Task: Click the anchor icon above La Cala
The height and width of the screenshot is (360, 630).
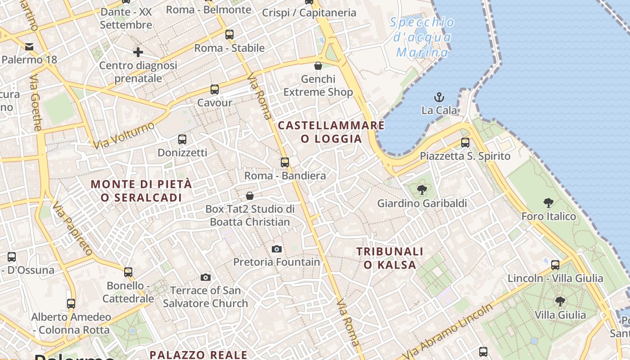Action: tap(439, 97)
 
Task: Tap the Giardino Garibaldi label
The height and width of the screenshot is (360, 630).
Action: tap(422, 203)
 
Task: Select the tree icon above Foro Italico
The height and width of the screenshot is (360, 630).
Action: tap(548, 203)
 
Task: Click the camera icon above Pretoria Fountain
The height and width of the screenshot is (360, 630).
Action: tap(277, 249)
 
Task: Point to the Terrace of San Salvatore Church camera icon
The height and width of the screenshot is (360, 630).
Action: tap(206, 277)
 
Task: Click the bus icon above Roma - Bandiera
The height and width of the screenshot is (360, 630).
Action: tap(284, 162)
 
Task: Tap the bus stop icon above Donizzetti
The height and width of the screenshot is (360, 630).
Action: tap(182, 139)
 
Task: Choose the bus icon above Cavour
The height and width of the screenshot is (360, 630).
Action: tap(215, 90)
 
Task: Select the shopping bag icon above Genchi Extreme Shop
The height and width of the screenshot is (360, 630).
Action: tap(318, 66)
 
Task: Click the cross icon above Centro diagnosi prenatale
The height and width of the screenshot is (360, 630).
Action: tap(138, 52)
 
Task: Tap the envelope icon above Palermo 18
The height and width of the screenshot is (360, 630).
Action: tap(29, 46)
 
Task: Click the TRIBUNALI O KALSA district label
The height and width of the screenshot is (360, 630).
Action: tap(390, 258)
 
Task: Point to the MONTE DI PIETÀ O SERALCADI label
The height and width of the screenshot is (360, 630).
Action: tap(141, 191)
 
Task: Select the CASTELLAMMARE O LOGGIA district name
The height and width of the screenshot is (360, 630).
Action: tap(331, 132)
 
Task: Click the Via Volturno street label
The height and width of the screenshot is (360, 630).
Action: tap(124, 135)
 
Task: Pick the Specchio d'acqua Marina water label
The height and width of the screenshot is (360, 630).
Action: tap(422, 37)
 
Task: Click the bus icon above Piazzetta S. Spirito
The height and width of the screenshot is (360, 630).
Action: tap(465, 143)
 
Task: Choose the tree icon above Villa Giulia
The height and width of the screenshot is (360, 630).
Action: tap(560, 301)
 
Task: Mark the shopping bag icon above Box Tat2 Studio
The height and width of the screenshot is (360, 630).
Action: tap(250, 196)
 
